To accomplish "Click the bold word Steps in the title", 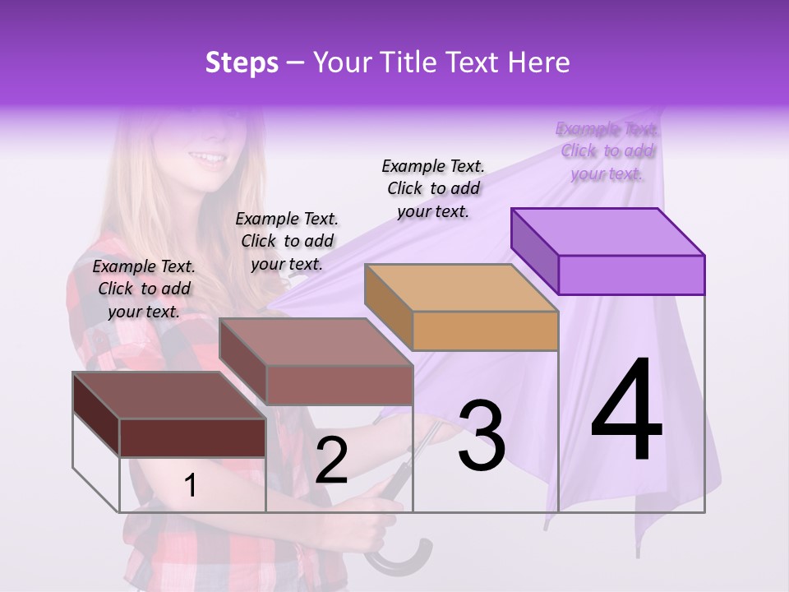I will [x=242, y=62].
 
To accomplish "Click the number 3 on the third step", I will [x=482, y=435].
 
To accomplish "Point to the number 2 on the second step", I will [x=331, y=460].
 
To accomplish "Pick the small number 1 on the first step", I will [x=191, y=486].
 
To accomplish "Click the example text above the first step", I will [x=144, y=289].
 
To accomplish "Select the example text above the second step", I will [x=287, y=241].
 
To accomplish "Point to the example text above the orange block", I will [x=433, y=188].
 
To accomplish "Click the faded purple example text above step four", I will [x=607, y=150].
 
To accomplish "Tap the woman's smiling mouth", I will [x=207, y=158].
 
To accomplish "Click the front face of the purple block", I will [x=631, y=275].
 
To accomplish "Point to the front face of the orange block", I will [x=485, y=331].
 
